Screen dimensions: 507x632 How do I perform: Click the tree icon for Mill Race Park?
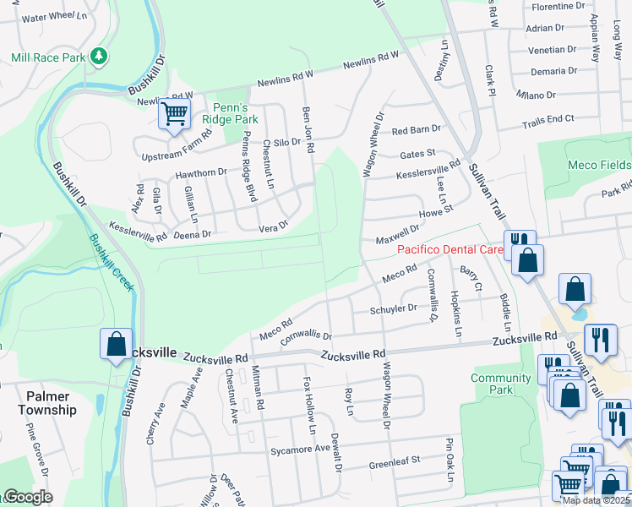coord(100,57)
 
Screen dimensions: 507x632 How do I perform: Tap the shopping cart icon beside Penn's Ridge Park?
coord(175,112)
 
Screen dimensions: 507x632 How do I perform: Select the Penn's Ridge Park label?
coord(217,113)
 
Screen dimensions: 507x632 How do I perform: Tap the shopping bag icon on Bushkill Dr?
coord(117,346)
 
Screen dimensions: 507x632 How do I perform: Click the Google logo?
coord(28,497)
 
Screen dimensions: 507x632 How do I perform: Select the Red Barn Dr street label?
coord(417,130)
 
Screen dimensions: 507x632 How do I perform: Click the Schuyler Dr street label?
coord(394,309)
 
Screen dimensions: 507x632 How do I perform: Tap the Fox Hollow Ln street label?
coord(310,406)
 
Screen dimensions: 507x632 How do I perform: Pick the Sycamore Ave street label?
coord(298,450)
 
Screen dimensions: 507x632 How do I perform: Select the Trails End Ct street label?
coord(548,121)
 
